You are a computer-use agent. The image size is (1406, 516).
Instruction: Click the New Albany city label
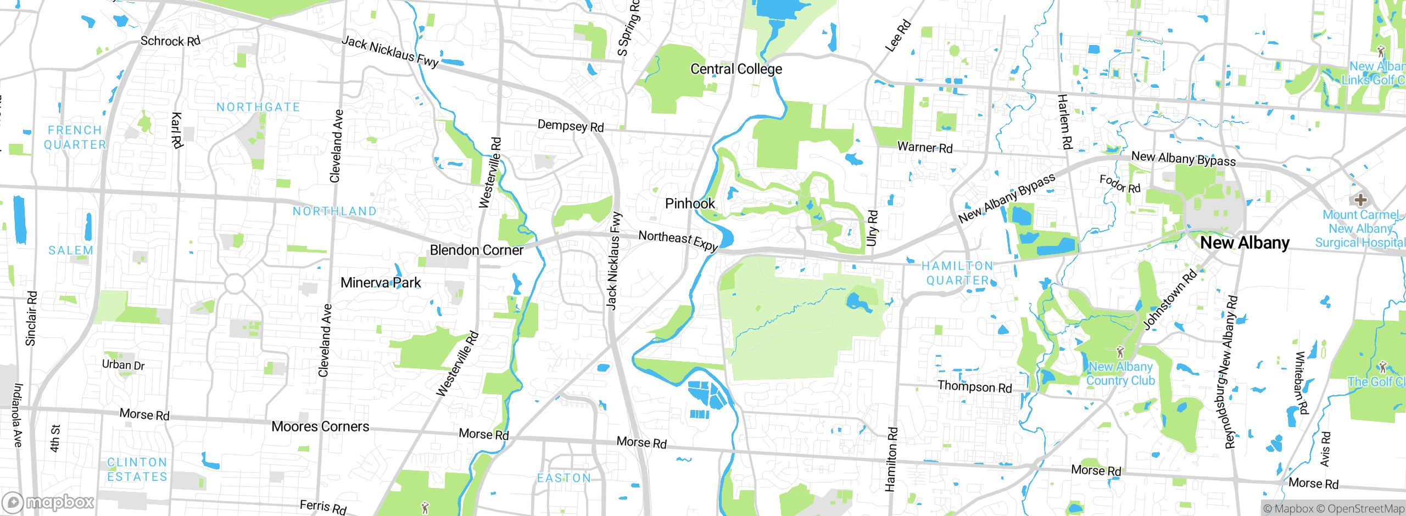(1245, 243)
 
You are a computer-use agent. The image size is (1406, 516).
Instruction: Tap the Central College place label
(736, 69)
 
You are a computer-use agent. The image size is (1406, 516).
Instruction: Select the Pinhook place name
(690, 204)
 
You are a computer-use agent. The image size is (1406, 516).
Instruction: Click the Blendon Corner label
(476, 250)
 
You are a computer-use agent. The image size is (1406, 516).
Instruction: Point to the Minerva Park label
(381, 283)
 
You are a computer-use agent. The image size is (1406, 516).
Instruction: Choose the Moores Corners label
(320, 427)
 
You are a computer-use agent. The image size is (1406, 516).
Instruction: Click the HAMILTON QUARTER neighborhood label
(957, 273)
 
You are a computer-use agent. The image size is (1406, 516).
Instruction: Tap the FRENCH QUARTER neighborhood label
(75, 137)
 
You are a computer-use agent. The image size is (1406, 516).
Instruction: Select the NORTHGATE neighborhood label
(258, 107)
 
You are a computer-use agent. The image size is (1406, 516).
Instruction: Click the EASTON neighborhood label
(564, 478)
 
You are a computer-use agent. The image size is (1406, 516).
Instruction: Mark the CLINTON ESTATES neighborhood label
(137, 469)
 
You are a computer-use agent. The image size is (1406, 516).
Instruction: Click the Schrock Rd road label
(170, 41)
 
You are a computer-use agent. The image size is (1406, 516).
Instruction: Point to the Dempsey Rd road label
(571, 126)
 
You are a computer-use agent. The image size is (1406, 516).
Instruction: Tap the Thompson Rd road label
(974, 386)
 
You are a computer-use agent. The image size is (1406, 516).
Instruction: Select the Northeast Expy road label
(678, 240)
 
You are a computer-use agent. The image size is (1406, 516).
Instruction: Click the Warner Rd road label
(925, 148)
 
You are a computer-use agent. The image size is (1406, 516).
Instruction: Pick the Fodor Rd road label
(1120, 183)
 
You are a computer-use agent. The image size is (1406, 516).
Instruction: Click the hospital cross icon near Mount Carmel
(1360, 199)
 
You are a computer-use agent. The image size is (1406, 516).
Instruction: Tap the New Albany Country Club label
(1120, 373)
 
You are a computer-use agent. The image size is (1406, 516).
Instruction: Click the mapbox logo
(48, 502)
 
